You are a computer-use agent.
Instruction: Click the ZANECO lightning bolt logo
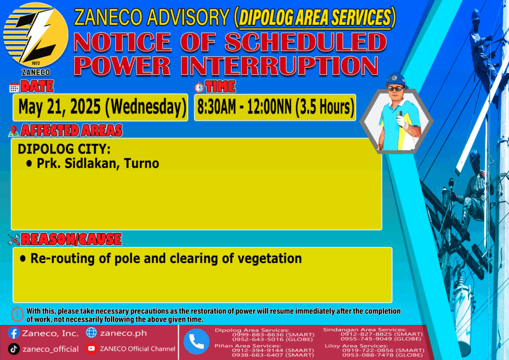pos(36,36)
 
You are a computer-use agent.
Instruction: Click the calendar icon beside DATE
pos(14,88)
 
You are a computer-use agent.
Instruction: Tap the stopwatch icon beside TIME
pos(199,88)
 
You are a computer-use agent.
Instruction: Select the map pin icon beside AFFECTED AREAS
pos(13,131)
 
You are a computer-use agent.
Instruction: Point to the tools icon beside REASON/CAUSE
pos(13,240)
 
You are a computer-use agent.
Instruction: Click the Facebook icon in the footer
pos(13,333)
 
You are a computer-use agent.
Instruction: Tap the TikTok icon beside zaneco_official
pos(13,349)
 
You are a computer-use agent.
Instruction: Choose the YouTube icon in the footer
pos(91,349)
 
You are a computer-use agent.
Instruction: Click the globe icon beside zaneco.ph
pos(91,333)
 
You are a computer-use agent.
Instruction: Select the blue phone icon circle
pos(196,342)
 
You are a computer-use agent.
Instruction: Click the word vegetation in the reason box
pos(270,259)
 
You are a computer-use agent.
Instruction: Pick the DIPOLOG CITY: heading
pos(64,149)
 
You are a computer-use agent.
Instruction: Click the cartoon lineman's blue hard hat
pos(396,80)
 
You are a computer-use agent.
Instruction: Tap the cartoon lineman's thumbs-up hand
pos(402,120)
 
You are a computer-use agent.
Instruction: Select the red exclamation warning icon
pos(17,314)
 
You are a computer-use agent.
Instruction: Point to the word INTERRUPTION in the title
pos(280,66)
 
